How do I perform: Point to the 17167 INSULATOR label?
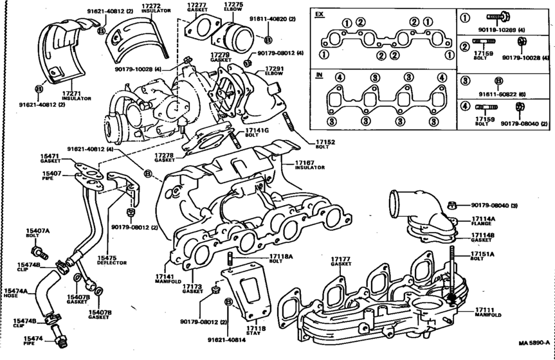pos(308,164)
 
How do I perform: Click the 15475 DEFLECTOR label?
pos(112,260)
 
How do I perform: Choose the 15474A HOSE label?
pos(15,294)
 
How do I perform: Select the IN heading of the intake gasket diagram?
pos(318,75)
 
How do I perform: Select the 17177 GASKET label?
pos(341,262)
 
